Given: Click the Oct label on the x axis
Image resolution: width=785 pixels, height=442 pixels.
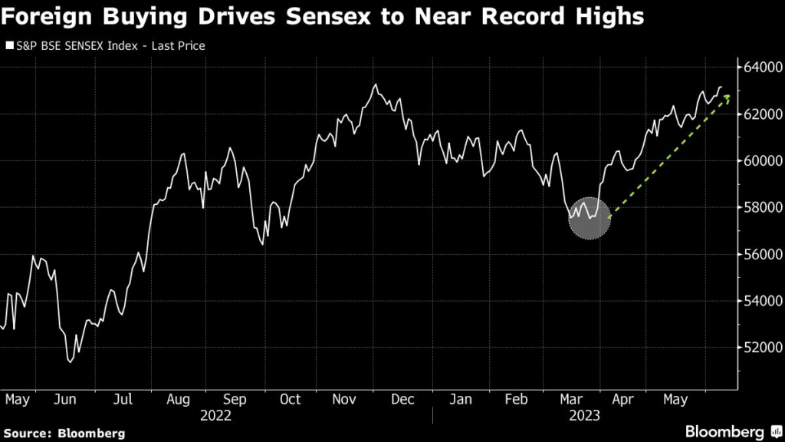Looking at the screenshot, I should [x=290, y=400].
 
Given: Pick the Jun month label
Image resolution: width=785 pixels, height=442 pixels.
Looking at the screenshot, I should [x=66, y=400].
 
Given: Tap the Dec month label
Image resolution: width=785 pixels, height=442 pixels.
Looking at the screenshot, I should [x=402, y=400].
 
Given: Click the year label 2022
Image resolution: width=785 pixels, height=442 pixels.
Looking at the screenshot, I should [x=215, y=416].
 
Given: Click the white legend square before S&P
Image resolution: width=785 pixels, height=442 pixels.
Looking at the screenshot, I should [x=9, y=46].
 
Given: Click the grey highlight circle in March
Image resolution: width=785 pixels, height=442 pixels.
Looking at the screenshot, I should [x=589, y=218].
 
